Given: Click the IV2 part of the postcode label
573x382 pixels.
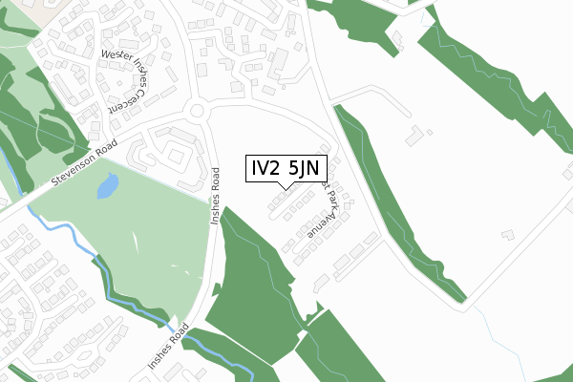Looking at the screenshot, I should click(x=267, y=170).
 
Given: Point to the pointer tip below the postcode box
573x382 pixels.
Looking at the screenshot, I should click(x=290, y=189).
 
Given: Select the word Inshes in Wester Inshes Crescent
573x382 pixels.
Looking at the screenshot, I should click(x=144, y=68).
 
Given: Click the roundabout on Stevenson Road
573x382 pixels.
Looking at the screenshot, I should click(x=198, y=111).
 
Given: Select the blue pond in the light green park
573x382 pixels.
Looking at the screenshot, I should click(x=108, y=185).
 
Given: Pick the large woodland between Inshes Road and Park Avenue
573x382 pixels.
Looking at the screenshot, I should click(x=253, y=286).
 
